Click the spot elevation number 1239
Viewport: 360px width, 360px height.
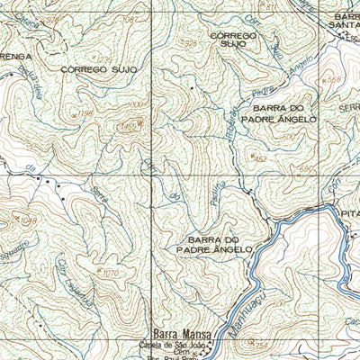(105, 60)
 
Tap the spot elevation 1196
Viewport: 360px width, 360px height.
(85, 112)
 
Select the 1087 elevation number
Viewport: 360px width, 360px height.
(131, 19)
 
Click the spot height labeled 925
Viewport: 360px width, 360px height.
(190, 42)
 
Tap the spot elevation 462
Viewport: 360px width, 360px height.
(262, 157)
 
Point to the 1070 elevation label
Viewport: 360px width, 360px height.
(111, 271)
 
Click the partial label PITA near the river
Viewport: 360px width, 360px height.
(347, 202)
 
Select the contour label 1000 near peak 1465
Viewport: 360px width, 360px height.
(135, 106)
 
